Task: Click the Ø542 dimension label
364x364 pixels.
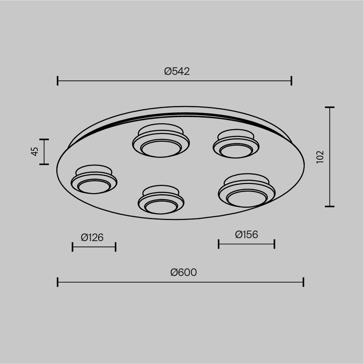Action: pos(177,72)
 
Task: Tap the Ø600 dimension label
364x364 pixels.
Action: pos(183,273)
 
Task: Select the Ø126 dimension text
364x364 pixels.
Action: pos(92,237)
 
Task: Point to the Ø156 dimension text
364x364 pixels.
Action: pos(246,234)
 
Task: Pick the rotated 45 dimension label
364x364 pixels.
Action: pos(34,152)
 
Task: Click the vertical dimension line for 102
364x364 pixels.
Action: pos(329,157)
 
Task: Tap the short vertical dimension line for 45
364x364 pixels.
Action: pos(44,152)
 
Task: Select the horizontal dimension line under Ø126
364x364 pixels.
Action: pos(94,246)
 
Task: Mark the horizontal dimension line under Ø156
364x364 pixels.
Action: pos(246,244)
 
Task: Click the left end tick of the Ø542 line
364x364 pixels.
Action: pos(57,81)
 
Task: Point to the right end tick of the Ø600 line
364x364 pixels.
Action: pos(303,282)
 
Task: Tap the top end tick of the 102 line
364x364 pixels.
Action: pos(329,108)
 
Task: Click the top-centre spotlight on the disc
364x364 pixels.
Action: pos(161,141)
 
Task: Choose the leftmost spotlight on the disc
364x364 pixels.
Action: pos(94,180)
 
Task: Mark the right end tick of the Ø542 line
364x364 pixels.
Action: pos(291,81)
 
